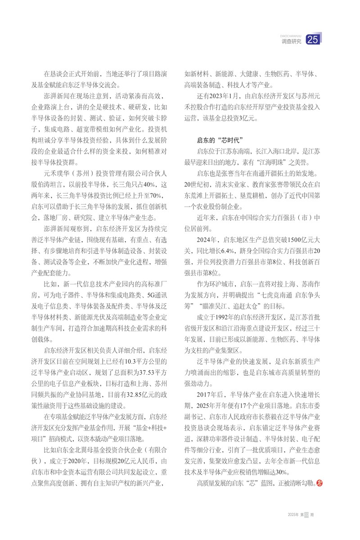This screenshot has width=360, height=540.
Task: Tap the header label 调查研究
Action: (291, 42)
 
